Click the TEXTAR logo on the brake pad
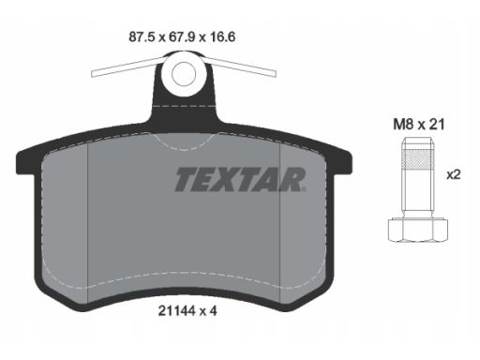(x=240, y=179)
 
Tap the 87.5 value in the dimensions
(x=142, y=37)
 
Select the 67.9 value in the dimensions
(x=182, y=37)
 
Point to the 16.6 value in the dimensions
(x=222, y=37)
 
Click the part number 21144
(x=176, y=311)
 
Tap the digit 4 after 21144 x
(x=213, y=311)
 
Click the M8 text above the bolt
(x=403, y=125)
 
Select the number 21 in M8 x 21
(x=437, y=125)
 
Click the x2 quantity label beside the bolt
(x=454, y=175)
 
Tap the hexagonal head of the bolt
(x=418, y=230)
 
